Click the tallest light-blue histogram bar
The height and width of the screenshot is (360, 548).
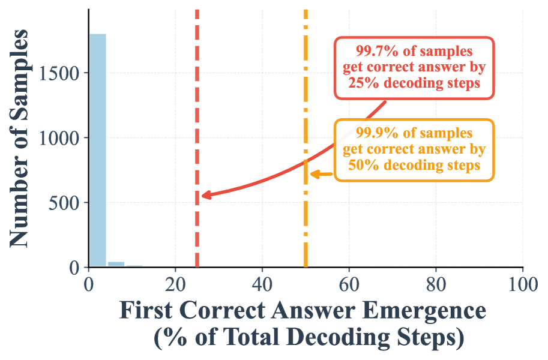pyautogui.click(x=98, y=150)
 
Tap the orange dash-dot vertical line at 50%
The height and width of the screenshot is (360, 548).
pyautogui.click(x=306, y=90)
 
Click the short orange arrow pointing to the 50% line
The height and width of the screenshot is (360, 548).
pyautogui.click(x=321, y=175)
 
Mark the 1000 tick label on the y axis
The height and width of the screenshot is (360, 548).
pyautogui.click(x=60, y=138)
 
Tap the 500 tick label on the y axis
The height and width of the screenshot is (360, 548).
pyautogui.click(x=65, y=203)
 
